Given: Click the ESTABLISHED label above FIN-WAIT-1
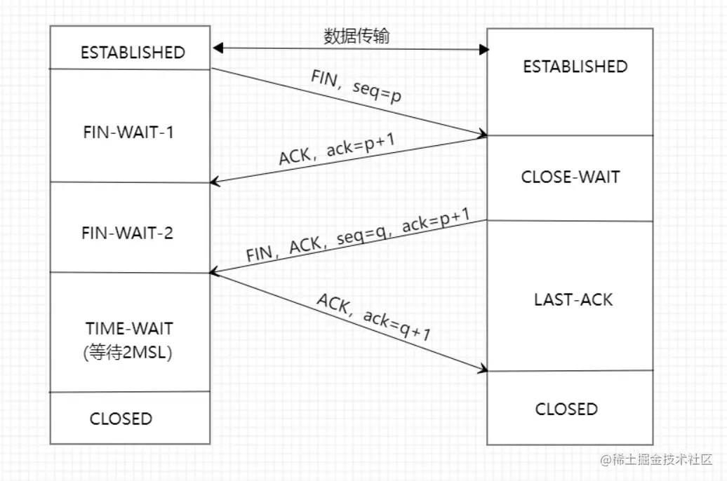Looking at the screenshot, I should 133,53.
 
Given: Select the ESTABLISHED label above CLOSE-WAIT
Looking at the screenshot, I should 575,67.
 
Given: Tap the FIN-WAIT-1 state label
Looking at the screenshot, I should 128,132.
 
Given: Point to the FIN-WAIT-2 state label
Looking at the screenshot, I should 128,233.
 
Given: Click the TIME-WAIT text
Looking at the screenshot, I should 129,328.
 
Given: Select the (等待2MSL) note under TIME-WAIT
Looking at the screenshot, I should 127,352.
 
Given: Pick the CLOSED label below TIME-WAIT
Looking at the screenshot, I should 121,419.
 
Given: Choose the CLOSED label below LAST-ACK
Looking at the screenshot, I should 566,409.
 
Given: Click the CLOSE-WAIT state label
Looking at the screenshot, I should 571,177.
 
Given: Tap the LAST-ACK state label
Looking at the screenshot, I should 573,299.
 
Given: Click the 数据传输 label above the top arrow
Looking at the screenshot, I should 356,36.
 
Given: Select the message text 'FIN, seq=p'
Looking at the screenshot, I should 356,88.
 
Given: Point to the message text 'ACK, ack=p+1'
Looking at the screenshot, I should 338,149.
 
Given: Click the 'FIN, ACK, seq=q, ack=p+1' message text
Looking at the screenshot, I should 358,236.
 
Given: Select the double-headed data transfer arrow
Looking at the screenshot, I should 351,49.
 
